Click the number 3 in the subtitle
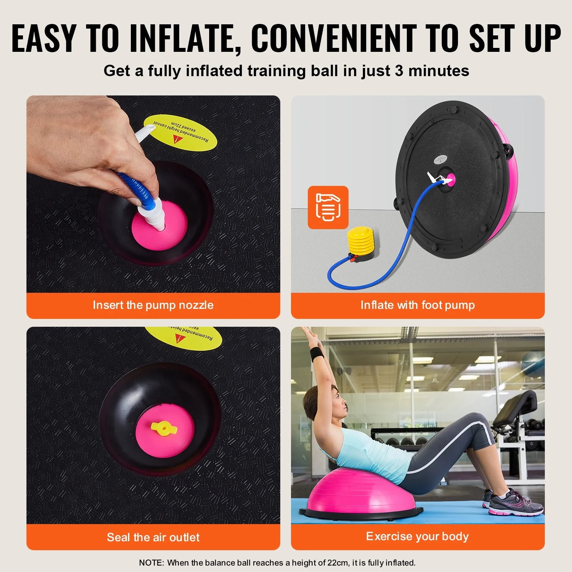(399, 71)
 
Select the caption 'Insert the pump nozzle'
(153, 305)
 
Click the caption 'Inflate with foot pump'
(418, 305)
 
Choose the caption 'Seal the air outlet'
(153, 537)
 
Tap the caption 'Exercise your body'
(417, 536)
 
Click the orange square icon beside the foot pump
(328, 207)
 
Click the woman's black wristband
(316, 354)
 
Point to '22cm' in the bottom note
(337, 563)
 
